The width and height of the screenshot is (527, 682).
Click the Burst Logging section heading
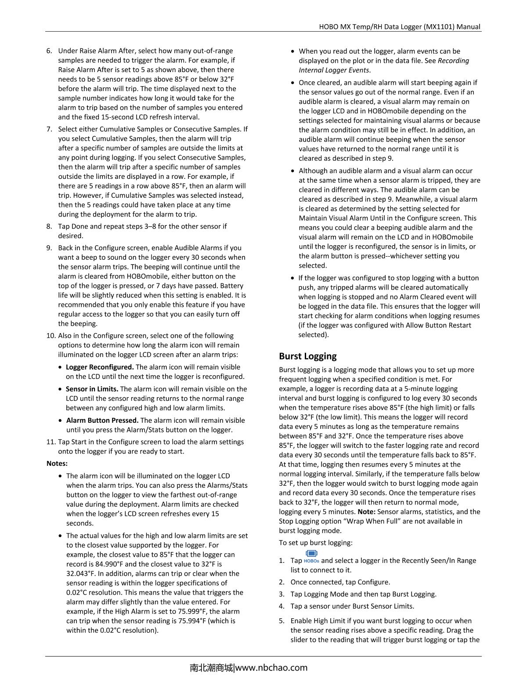tap(307, 356)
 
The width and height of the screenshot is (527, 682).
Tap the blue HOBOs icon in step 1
tap(311, 557)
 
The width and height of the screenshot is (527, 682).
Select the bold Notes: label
tap(57, 464)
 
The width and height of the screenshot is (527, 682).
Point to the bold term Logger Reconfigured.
tap(100, 367)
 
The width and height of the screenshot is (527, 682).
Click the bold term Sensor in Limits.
tap(92, 389)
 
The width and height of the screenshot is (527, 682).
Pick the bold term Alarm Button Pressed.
tap(102, 421)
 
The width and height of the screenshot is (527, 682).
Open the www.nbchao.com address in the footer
tap(271, 668)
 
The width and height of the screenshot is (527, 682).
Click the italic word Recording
tap(453, 61)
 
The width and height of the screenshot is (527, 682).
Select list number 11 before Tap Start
tap(51, 442)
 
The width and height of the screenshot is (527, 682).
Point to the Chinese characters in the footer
tap(211, 668)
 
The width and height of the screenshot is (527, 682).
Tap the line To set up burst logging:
tap(315, 543)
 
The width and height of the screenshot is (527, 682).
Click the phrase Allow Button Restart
tap(438, 325)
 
